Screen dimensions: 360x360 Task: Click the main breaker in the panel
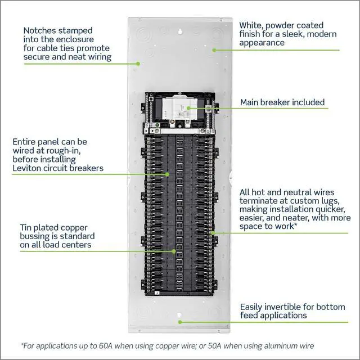(177, 109)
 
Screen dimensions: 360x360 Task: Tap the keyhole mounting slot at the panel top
(180, 31)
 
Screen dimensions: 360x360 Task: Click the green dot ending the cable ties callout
(138, 64)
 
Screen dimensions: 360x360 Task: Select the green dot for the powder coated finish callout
(214, 50)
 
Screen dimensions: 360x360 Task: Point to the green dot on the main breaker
(188, 108)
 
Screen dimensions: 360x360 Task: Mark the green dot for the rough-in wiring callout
(168, 174)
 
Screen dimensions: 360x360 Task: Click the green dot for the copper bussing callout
(174, 251)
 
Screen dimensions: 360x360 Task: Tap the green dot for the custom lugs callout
(213, 233)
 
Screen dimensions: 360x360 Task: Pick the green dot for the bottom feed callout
(180, 322)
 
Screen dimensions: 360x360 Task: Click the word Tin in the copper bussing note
(25, 227)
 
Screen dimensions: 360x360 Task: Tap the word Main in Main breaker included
(249, 102)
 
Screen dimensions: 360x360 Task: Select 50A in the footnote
(215, 345)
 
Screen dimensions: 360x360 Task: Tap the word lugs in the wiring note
(330, 201)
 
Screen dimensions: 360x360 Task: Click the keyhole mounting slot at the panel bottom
(179, 314)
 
